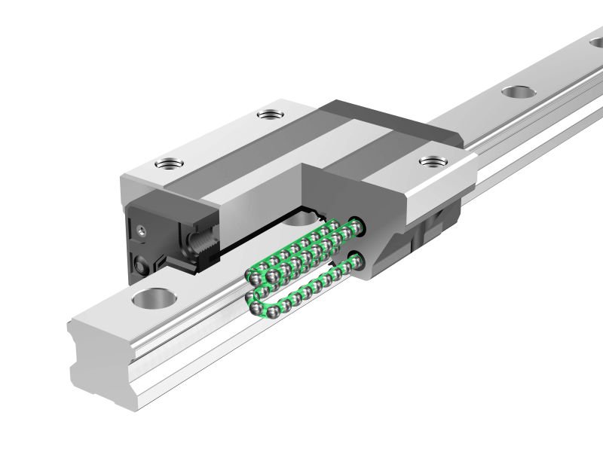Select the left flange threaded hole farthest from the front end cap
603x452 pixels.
[x=268, y=115]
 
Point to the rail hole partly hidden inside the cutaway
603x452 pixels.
[x=301, y=219]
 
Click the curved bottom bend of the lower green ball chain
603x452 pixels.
[x=256, y=305]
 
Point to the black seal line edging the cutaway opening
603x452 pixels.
[x=249, y=218]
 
